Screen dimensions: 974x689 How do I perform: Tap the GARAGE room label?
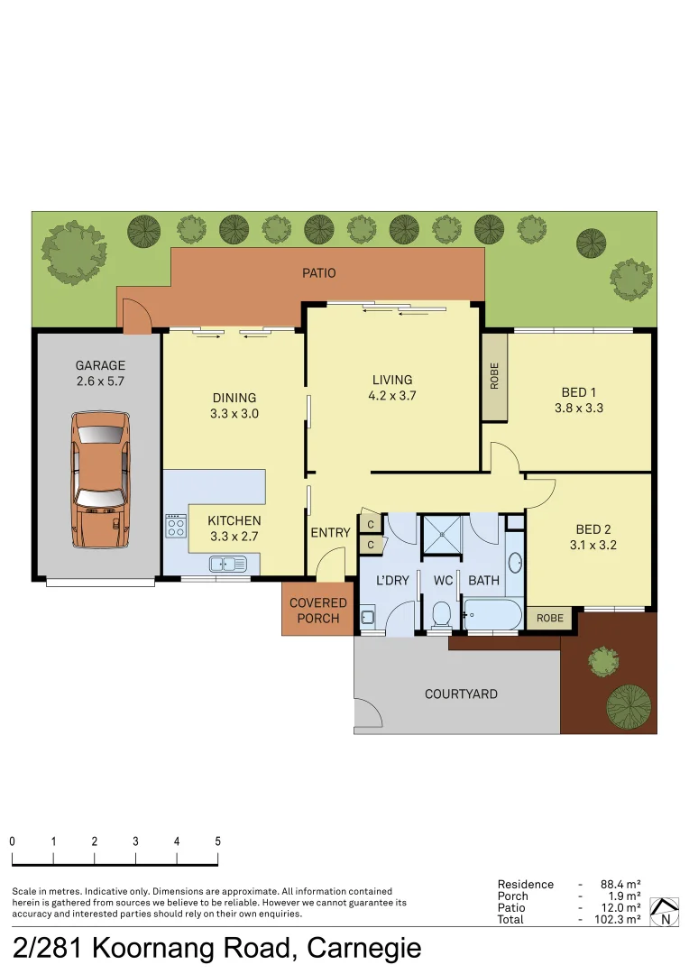click(100, 366)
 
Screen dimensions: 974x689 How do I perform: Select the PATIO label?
click(319, 272)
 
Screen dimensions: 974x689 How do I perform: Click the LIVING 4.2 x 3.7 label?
click(392, 387)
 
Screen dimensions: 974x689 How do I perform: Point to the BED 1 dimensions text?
click(579, 408)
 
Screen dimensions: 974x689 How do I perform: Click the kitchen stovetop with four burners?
click(176, 526)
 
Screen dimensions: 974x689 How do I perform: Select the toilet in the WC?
click(442, 615)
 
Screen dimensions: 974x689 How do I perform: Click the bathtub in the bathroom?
click(491, 614)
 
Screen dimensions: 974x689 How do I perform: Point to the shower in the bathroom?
click(442, 533)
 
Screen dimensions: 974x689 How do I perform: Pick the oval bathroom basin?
click(514, 563)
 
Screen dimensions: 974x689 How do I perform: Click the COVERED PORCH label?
click(318, 611)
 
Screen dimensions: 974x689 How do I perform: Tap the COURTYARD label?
click(461, 694)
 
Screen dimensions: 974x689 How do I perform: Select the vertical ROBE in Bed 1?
click(493, 377)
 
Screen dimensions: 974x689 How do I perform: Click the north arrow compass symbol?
click(665, 912)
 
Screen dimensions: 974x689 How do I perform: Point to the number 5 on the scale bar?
click(217, 841)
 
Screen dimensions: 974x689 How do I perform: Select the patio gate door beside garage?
click(137, 316)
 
